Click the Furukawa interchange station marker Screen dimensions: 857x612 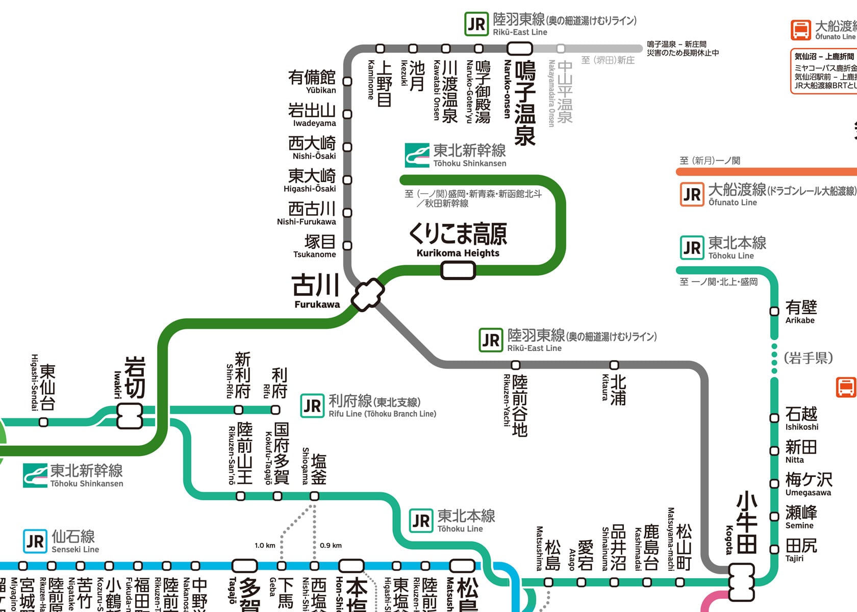(367, 294)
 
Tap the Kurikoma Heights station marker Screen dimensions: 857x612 (458, 270)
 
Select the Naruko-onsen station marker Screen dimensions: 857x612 (519, 48)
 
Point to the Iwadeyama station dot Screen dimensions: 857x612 (347, 114)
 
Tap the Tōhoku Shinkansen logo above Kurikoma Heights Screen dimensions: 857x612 (417, 155)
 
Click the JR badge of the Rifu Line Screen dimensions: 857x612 (312, 406)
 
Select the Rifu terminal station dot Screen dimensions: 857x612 (275, 410)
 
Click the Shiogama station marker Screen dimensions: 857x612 (315, 496)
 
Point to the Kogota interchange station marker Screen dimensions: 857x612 (741, 582)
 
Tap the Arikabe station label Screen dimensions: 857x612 (801, 312)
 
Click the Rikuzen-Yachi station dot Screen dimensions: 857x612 (516, 365)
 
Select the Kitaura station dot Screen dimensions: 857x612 (614, 365)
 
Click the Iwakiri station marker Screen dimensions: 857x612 (130, 416)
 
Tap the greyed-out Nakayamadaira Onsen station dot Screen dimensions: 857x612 (561, 48)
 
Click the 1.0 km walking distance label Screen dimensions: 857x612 (265, 545)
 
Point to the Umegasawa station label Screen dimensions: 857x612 (809, 484)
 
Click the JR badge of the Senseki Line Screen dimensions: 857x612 (35, 541)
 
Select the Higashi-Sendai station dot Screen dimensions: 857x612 (44, 422)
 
